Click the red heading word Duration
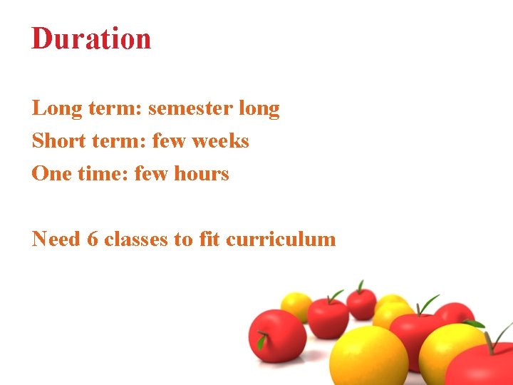point(91,38)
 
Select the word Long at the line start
point(52,108)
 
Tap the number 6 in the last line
point(92,239)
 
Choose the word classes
point(136,239)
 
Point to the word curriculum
point(281,239)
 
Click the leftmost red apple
point(276,335)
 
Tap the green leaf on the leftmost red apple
point(261,342)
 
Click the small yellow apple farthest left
point(296,306)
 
